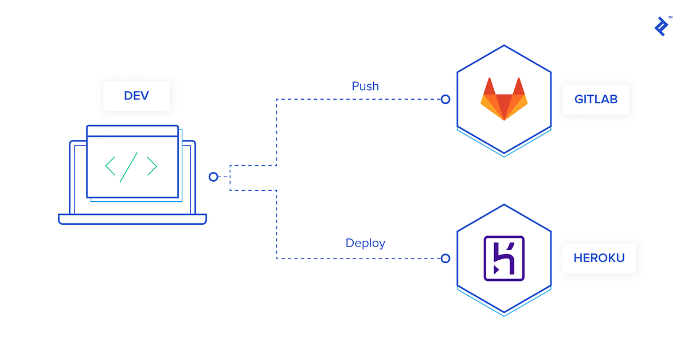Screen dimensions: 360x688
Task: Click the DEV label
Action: (x=136, y=95)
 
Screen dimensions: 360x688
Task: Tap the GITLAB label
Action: (x=596, y=99)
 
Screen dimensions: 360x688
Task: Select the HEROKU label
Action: (x=599, y=258)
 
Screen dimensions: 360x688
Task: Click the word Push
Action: (x=365, y=86)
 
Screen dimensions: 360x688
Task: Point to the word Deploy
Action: (x=365, y=243)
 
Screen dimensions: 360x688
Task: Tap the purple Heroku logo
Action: (x=503, y=258)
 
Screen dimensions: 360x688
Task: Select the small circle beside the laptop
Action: (x=213, y=177)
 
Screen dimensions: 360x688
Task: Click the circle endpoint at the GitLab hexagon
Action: (x=445, y=99)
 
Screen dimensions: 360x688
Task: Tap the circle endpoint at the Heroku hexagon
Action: (x=445, y=259)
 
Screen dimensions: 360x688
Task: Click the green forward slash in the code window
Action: (x=128, y=167)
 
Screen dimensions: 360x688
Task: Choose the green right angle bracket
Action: (x=151, y=166)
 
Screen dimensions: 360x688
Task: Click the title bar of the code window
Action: (x=132, y=131)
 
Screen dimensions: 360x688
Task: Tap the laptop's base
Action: (x=132, y=219)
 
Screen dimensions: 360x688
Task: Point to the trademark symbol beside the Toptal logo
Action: (x=670, y=18)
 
